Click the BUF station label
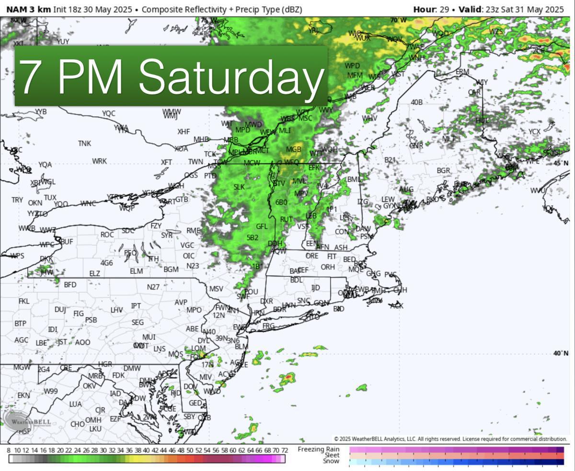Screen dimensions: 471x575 point(67,241)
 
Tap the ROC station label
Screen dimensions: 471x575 point(107,235)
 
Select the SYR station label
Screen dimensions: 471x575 point(167,235)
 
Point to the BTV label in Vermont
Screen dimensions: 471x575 point(279,183)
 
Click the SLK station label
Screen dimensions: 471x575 point(239,187)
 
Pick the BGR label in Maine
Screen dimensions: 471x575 point(443,170)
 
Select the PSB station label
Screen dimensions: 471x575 point(91,320)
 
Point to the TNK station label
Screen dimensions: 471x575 point(84,143)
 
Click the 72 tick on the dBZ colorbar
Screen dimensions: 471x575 point(284,450)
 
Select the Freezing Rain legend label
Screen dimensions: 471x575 point(319,449)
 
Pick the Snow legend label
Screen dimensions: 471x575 point(331,461)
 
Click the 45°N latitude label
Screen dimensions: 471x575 point(561,163)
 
